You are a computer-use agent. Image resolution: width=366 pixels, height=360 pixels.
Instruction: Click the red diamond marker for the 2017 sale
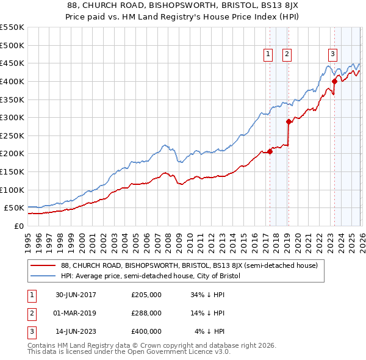[x=270, y=152]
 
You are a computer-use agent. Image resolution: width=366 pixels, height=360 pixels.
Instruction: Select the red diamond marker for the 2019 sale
[x=288, y=122]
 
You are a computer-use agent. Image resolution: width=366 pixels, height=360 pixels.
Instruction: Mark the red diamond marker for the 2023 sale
[x=334, y=81]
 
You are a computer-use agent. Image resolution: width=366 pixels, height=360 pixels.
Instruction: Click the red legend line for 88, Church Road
[x=43, y=266]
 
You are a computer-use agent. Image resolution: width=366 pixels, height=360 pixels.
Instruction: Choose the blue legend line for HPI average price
[x=43, y=276]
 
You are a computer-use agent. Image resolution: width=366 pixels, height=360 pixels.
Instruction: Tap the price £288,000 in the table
[x=146, y=313]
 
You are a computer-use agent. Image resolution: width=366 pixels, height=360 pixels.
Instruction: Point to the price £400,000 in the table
[x=146, y=331]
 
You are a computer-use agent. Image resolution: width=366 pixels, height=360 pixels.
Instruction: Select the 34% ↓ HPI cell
[x=208, y=295]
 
